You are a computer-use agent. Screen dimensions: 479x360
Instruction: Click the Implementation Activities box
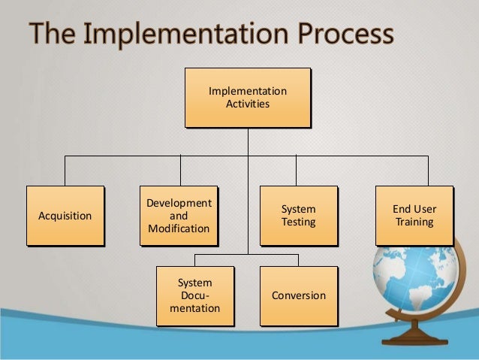point(248,98)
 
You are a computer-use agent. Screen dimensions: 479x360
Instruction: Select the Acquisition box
point(65,216)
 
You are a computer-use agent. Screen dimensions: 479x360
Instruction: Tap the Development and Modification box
point(179,216)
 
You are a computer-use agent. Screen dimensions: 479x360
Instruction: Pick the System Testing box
point(298,216)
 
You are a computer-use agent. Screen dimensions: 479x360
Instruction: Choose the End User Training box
point(414,216)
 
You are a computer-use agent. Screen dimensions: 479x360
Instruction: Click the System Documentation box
point(194,295)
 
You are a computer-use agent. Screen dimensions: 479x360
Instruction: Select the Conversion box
point(298,295)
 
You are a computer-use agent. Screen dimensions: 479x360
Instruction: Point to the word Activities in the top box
point(248,104)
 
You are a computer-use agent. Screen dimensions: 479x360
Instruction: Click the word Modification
point(179,228)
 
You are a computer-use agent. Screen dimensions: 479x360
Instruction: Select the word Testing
point(298,222)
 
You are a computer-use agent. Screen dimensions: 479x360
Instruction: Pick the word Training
point(414,222)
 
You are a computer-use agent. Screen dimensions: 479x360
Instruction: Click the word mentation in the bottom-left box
point(194,308)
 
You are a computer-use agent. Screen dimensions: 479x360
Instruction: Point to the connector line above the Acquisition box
point(65,171)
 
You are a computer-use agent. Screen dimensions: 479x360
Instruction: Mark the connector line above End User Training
point(429,171)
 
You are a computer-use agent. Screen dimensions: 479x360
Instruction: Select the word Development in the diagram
point(179,204)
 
